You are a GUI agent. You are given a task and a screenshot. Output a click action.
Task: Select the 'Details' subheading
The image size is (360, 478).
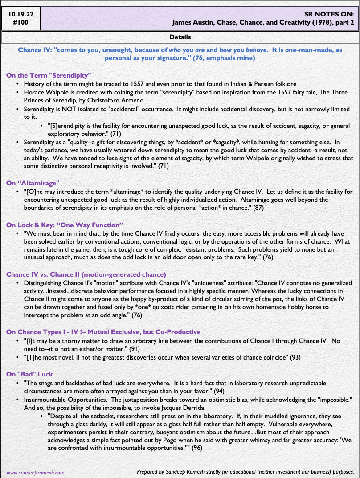180,37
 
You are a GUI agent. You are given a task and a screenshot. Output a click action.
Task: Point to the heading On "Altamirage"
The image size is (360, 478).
33,183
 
